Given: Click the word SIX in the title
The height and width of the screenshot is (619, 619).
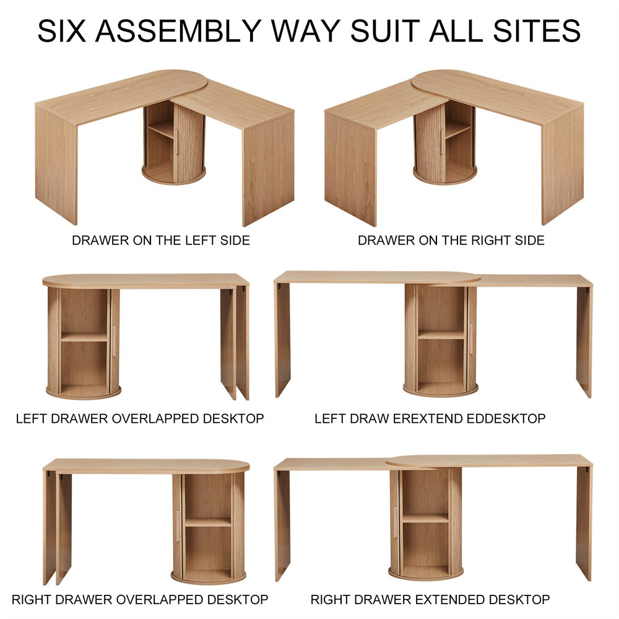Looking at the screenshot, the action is (x=61, y=31).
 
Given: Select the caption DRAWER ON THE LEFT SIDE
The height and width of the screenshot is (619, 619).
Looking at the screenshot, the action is (x=161, y=240).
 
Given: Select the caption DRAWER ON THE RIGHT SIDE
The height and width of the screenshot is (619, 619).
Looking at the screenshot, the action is (x=451, y=240).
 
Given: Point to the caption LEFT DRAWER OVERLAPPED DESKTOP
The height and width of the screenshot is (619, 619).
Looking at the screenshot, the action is (x=140, y=418).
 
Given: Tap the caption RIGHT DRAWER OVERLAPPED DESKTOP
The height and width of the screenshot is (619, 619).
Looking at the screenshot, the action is (x=140, y=600).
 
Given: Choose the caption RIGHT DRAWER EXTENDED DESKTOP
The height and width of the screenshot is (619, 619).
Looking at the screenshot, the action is (x=430, y=600).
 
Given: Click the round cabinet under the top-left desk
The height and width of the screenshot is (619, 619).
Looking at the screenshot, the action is (x=174, y=143).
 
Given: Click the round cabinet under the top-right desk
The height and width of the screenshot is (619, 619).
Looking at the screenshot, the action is (x=444, y=143).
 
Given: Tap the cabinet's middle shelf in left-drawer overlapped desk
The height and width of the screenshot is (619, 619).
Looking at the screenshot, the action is (x=84, y=337).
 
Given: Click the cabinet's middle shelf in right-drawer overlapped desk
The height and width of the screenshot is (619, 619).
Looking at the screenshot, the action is (x=208, y=522).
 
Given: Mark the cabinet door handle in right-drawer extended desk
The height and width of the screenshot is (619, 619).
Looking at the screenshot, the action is (x=396, y=521).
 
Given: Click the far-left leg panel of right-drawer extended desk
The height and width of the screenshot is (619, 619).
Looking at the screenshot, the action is (x=282, y=526).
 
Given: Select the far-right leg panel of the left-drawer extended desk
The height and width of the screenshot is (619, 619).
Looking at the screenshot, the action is (x=584, y=342).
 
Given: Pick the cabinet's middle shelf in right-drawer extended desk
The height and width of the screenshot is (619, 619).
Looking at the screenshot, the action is (x=426, y=518).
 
